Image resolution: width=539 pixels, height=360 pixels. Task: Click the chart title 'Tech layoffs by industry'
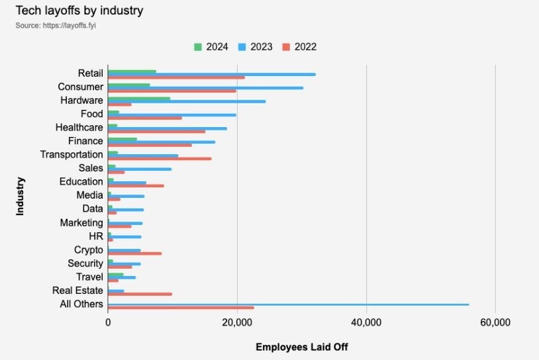pos(79,11)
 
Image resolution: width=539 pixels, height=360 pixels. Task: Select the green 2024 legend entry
pos(211,47)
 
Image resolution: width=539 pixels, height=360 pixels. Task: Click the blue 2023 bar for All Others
pos(288,304)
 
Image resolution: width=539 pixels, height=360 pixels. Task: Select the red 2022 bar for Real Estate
pos(140,294)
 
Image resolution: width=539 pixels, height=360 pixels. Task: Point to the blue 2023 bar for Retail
pos(211,74)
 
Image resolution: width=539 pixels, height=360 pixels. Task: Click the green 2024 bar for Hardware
pos(139,98)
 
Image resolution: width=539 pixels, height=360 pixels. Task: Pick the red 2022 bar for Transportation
pos(160,159)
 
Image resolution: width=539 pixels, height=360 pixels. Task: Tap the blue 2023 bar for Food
pos(171,115)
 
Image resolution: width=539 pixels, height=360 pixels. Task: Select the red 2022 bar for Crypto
pos(134,253)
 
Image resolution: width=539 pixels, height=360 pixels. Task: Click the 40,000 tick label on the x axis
pos(366,322)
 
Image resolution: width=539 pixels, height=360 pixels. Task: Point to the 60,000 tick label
pos(495,322)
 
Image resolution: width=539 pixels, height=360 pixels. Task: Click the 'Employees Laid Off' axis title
pos(301,347)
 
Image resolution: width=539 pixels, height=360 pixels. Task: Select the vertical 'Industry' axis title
pos(20,195)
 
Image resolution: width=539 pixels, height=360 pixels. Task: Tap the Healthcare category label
pos(79,127)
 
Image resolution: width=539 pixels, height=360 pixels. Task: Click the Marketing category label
pos(81,222)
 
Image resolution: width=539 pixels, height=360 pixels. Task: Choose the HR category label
pos(95,236)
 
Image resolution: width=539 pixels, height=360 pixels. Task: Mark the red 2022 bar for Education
pos(136,186)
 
